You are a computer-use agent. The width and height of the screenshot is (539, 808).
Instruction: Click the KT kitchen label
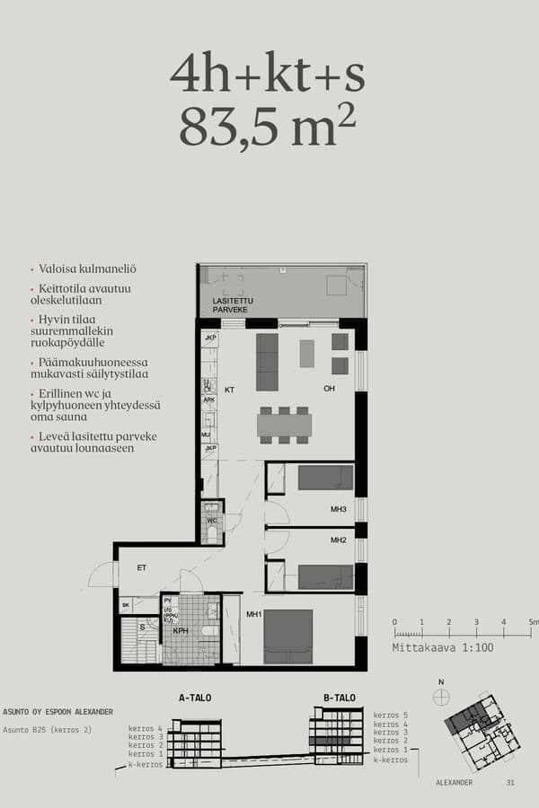pyautogui.click(x=229, y=390)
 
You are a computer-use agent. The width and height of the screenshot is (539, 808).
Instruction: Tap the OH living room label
pyautogui.click(x=331, y=389)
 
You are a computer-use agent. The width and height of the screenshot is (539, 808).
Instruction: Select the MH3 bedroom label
pyautogui.click(x=339, y=510)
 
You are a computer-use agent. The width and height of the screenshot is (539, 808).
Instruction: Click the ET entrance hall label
pyautogui.click(x=141, y=567)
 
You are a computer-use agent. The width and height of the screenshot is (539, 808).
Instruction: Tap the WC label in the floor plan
pyautogui.click(x=212, y=520)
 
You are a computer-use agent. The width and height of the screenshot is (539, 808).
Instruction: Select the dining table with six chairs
pyautogui.click(x=284, y=424)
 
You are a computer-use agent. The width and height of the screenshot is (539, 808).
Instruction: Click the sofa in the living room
pyautogui.click(x=267, y=362)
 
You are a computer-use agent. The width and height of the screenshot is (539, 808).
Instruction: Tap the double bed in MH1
pyautogui.click(x=287, y=636)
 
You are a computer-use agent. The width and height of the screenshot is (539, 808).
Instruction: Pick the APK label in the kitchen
pyautogui.click(x=208, y=400)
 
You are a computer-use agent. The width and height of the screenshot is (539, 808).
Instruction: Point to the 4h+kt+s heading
pyautogui.click(x=268, y=75)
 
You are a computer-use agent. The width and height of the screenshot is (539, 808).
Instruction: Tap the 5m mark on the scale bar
pyautogui.click(x=533, y=621)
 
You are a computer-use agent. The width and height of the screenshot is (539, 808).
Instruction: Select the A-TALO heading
pyautogui.click(x=195, y=698)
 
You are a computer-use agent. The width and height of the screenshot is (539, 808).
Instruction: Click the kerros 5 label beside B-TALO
pyautogui.click(x=391, y=714)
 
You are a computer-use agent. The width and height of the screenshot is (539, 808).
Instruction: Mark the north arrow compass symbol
pyautogui.click(x=441, y=694)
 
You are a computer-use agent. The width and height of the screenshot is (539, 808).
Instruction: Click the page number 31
pyautogui.click(x=510, y=783)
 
